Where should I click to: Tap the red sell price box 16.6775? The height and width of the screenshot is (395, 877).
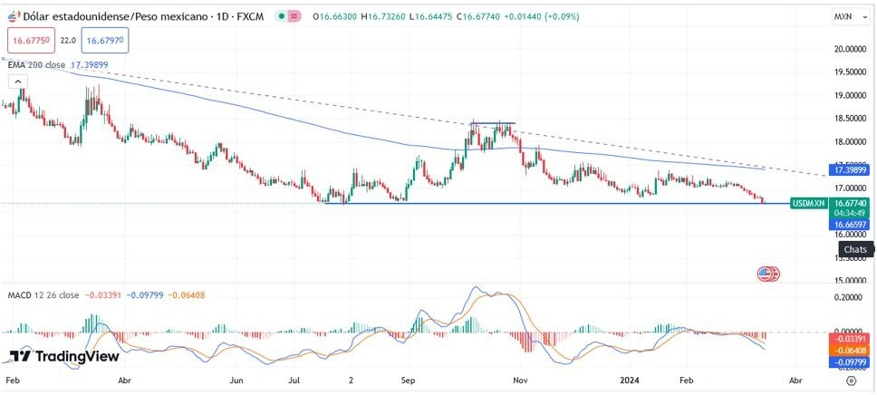click(x=29, y=40)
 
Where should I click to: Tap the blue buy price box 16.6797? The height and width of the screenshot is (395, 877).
click(x=103, y=40)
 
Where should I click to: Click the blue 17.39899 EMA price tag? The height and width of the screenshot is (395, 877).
click(x=852, y=170)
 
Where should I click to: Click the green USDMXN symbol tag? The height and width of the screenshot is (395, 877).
click(x=808, y=204)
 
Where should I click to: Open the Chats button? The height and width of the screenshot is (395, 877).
click(x=854, y=249)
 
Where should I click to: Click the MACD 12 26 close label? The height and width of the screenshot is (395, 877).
click(x=43, y=295)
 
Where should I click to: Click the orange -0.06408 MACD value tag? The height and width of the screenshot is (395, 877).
click(x=852, y=351)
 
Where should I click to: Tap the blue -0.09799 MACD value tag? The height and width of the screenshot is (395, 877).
click(x=852, y=362)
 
